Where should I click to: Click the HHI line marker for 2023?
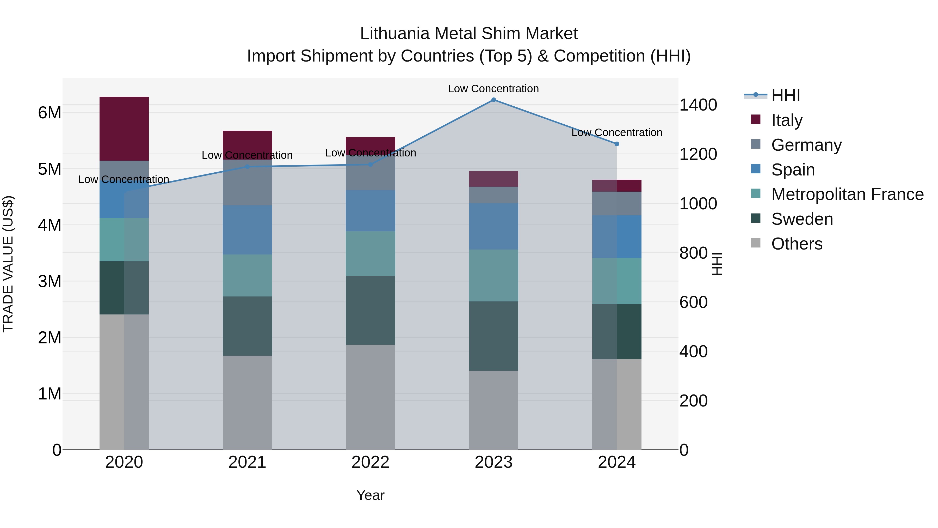[x=493, y=100]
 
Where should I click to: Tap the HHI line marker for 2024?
[x=616, y=144]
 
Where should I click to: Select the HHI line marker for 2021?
[x=247, y=167]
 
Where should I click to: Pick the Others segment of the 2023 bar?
[x=493, y=410]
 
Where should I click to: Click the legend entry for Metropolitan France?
[x=847, y=194]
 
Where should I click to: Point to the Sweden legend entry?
[x=801, y=219]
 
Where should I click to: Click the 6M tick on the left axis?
[x=50, y=113]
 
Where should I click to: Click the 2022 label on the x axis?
[x=370, y=462]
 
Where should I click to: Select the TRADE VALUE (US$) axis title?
[x=8, y=264]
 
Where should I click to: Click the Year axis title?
[x=370, y=495]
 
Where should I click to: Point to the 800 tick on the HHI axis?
[x=693, y=253]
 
